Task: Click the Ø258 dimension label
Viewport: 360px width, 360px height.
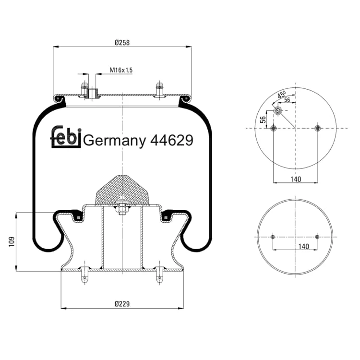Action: point(122,43)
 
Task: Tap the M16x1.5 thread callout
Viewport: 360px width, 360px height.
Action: point(121,70)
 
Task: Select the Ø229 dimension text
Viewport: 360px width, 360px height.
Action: point(122,304)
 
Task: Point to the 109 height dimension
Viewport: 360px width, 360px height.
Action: point(12,242)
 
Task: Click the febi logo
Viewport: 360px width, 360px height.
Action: point(66,137)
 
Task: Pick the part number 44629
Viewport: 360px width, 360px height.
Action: point(172,140)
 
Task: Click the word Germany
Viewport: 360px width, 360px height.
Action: point(114,141)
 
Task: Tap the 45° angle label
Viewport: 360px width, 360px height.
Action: point(281,94)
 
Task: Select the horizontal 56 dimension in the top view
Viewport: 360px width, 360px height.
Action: point(287,100)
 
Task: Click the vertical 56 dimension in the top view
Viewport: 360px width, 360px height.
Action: point(263,120)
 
